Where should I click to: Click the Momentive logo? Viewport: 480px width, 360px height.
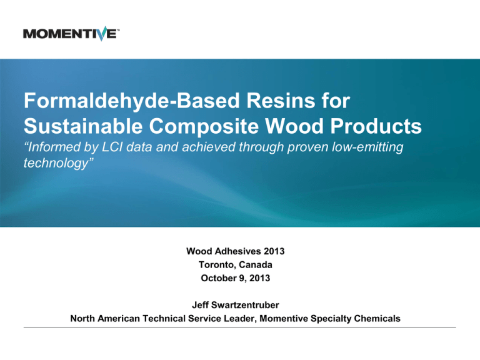coord(71,32)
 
